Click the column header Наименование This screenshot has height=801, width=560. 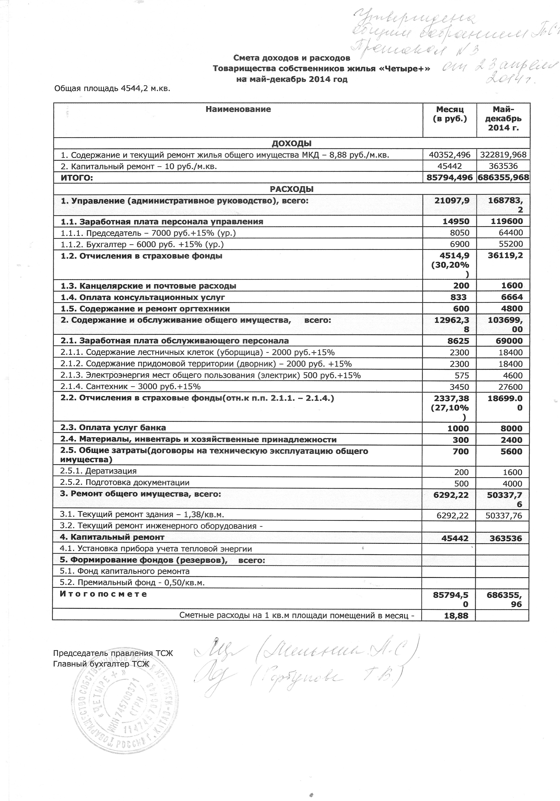click(238, 109)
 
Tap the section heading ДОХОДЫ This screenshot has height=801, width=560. click(291, 143)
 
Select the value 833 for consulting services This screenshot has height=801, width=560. click(458, 297)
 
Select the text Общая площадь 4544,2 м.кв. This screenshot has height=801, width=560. click(112, 89)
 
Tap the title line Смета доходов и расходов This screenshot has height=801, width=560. click(291, 58)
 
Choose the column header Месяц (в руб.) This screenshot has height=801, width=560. click(450, 114)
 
